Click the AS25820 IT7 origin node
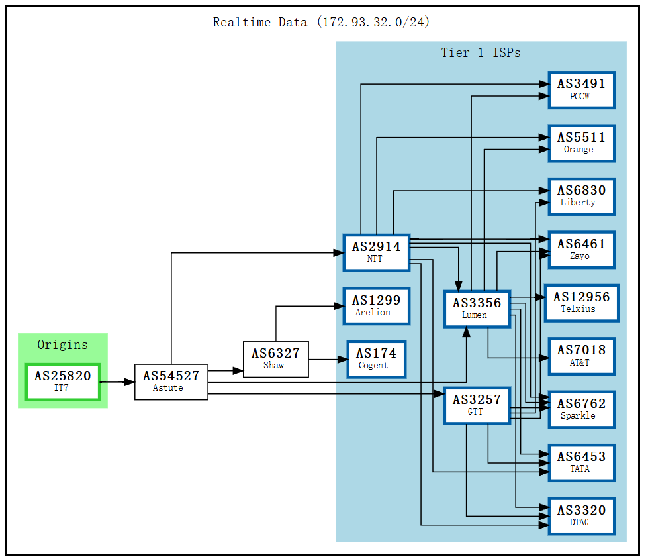pos(62,382)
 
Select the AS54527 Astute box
pos(171,382)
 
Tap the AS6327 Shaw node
pos(275,360)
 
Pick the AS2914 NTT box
pos(376,252)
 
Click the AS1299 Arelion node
pos(376,306)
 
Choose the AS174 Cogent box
pos(376,359)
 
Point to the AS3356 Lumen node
pos(477,309)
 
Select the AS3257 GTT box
pos(477,405)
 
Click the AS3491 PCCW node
pos(581,90)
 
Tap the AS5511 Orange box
pos(581,143)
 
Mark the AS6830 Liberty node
pos(581,196)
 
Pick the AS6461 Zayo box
pos(581,250)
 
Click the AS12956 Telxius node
pos(581,303)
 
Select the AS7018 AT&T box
pos(581,356)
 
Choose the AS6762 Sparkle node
pos(581,409)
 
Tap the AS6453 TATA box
pos(581,462)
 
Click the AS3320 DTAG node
pos(581,516)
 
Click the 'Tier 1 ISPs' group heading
pos(481,53)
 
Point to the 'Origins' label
pos(62,344)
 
